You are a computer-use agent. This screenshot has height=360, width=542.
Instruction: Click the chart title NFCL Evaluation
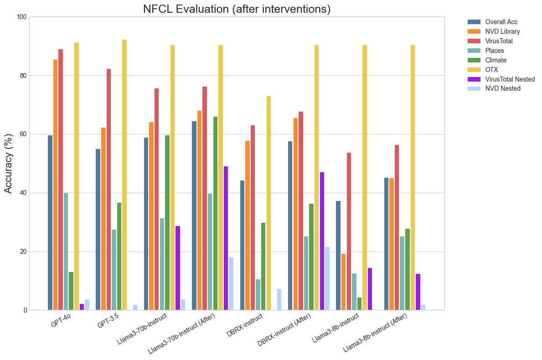pyautogui.click(x=237, y=9)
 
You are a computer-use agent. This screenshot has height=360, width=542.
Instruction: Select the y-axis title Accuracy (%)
pyautogui.click(x=8, y=163)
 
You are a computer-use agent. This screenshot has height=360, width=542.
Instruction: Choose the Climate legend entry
pyautogui.click(x=496, y=60)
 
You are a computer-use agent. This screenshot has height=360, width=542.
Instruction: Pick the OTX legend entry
pyautogui.click(x=491, y=70)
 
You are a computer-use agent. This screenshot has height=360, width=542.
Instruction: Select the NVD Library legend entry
pyautogui.click(x=502, y=31)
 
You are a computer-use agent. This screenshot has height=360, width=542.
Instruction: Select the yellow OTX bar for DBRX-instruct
pyautogui.click(x=268, y=203)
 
